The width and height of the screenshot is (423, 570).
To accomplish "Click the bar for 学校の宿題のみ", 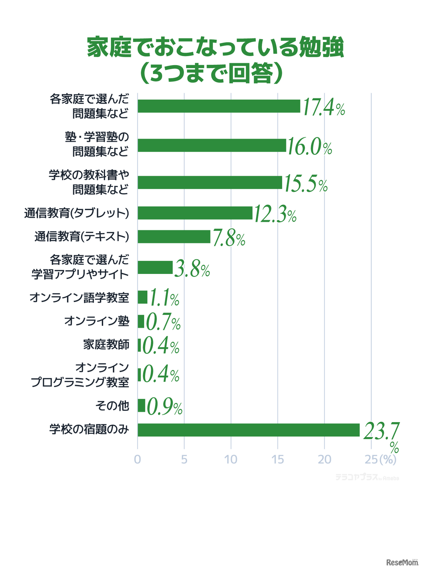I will tap(249, 430).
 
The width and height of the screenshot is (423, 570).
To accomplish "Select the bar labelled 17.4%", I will tap(219, 106).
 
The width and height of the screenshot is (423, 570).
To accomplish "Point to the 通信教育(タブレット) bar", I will tap(195, 213).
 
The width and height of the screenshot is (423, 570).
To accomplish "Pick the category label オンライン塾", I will tap(96, 321).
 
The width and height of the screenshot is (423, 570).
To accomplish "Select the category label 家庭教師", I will tap(106, 345).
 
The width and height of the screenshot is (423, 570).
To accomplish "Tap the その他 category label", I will tap(112, 406).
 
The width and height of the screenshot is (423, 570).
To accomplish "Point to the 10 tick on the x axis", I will tap(231, 460).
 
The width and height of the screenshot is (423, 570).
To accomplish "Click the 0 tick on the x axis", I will tap(137, 460).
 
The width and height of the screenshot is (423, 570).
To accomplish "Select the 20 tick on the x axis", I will tap(324, 460).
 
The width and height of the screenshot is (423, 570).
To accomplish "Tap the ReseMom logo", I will tap(402, 562).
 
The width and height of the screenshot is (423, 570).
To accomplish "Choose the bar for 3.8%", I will tap(155, 267).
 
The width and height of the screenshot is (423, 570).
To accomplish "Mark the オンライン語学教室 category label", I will tap(79, 297).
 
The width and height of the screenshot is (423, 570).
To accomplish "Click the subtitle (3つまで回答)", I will tap(211, 73).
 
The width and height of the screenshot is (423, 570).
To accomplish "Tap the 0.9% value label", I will tap(164, 407).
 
